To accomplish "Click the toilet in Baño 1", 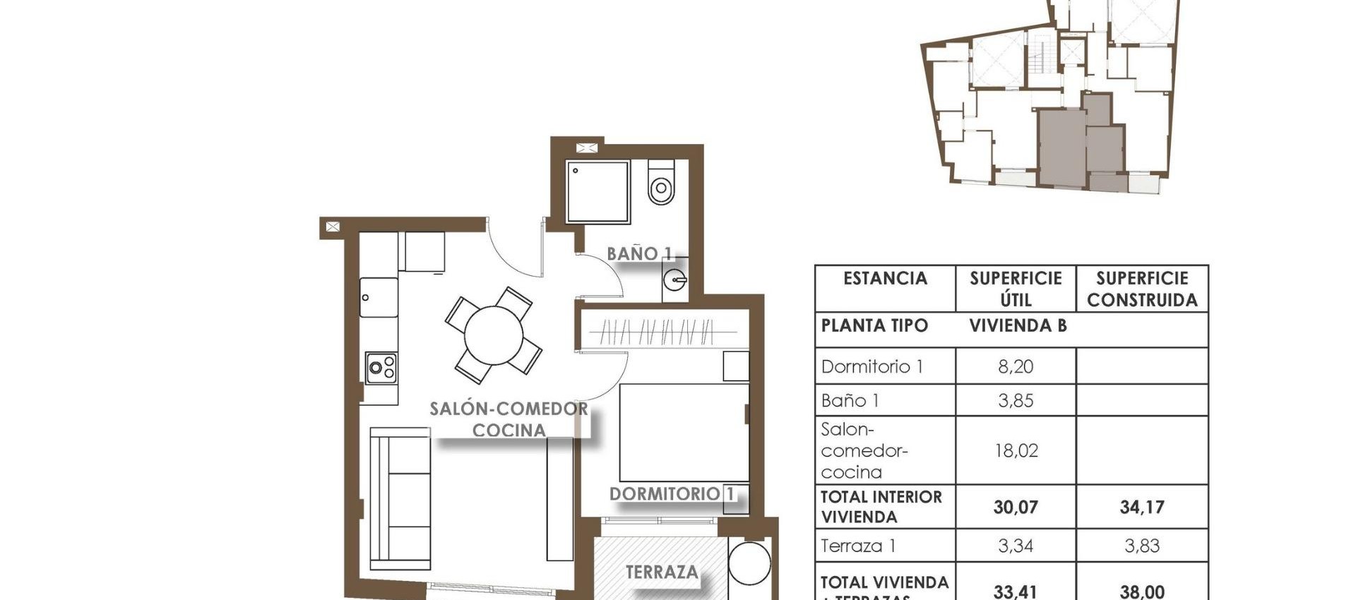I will (x=661, y=183).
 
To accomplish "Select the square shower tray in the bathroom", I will (x=597, y=192).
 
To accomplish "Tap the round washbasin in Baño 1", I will (x=675, y=280).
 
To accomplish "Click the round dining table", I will (x=494, y=335).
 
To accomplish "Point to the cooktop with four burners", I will (x=381, y=368).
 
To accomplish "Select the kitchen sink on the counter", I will (x=379, y=297).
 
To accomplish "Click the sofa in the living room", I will (x=400, y=498).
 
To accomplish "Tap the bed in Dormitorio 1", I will (x=684, y=433).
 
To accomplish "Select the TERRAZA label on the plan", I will (x=662, y=572).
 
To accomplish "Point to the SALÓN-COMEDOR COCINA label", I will (x=509, y=419).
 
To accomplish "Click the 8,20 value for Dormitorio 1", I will (x=1016, y=366).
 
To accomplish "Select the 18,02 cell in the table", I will (x=1016, y=450).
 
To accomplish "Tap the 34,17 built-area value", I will (x=1141, y=507).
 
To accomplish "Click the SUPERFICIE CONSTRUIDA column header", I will (x=1141, y=289).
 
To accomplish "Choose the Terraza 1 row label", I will (x=858, y=546).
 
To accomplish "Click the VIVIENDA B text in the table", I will (x=1017, y=325).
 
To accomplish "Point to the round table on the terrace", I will (x=749, y=563).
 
